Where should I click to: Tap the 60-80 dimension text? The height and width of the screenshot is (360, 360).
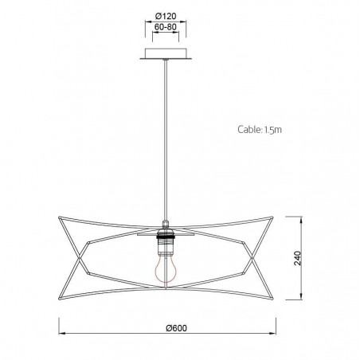(166, 26)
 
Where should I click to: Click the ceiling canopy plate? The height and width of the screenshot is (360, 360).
(166, 54)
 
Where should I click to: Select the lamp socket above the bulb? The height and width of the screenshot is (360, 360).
(166, 237)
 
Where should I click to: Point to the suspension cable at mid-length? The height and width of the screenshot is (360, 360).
(166, 135)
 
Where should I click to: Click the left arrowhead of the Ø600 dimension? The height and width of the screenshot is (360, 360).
(63, 333)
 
